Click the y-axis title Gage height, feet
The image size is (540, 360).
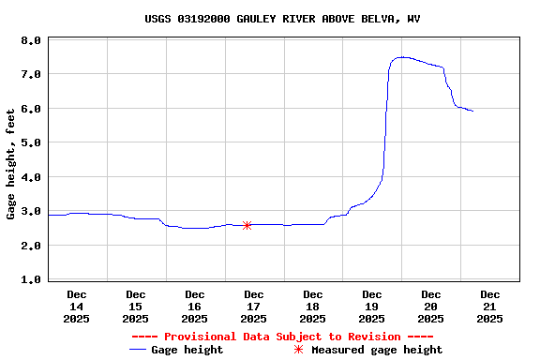11,159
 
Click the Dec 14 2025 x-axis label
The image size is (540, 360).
77,307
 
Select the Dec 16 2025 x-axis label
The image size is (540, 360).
195,307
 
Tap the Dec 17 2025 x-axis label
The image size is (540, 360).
254,307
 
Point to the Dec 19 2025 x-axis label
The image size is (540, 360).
372,307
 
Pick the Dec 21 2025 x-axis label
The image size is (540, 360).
490,307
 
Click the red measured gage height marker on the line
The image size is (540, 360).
247,225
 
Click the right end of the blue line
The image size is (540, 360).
472,111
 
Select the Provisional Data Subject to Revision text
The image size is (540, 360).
282,337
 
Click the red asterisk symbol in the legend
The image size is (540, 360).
298,350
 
